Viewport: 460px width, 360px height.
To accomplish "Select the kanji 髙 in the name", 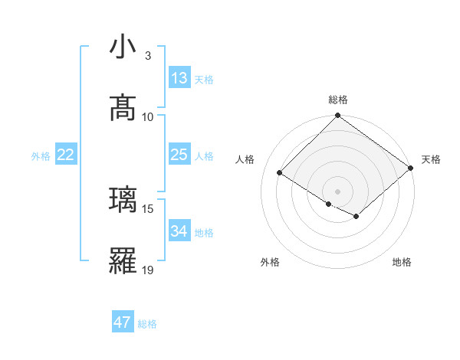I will point(123,108).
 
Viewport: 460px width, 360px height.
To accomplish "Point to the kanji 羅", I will point(123,260).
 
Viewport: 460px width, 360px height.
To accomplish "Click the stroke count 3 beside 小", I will point(148,56).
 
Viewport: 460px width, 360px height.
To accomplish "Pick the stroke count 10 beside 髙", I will point(148,116).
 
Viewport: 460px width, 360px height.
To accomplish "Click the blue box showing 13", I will point(179,78).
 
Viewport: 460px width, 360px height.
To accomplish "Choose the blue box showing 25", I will point(179,155).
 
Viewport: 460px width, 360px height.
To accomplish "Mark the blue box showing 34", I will point(179,231).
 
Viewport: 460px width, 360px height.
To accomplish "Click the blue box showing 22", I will point(66,155).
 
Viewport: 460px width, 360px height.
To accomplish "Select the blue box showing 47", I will point(123,322).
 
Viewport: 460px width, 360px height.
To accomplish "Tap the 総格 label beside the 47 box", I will point(147,324).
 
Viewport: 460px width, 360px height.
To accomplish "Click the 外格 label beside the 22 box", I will point(41,156).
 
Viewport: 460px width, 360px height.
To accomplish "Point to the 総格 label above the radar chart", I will point(338,100).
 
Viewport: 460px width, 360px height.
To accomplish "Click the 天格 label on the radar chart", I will point(431,159).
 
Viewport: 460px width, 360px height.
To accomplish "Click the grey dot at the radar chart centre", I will point(338,191).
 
